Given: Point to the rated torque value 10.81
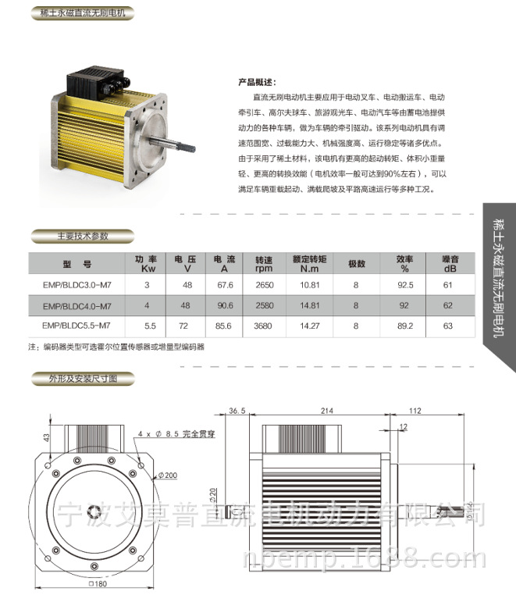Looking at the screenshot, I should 309,285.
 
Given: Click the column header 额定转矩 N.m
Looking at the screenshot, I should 309,263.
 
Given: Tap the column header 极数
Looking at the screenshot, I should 356,263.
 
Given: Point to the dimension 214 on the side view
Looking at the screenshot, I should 327,411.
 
